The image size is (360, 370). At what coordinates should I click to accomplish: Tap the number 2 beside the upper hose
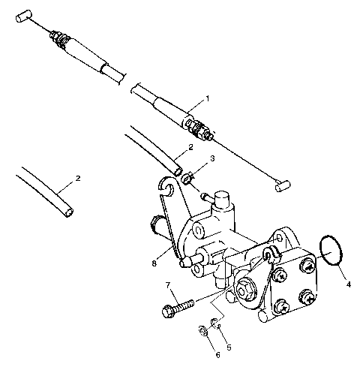[190, 147]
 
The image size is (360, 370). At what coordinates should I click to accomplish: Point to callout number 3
[212, 159]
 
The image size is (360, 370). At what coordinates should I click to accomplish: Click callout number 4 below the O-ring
[347, 284]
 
